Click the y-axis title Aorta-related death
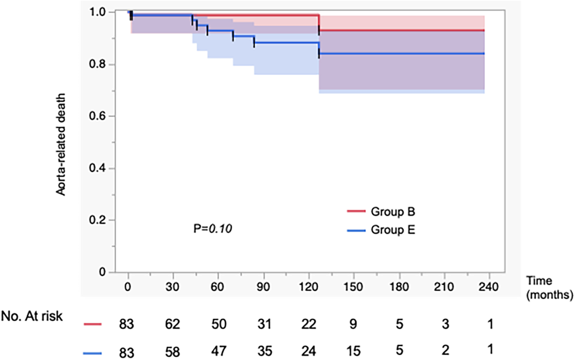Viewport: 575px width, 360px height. (x=61, y=144)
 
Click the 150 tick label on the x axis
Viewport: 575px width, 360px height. (x=353, y=287)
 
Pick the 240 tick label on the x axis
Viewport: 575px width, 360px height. (x=488, y=287)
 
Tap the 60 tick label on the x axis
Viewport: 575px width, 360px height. (x=217, y=287)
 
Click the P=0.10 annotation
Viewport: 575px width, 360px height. (x=213, y=229)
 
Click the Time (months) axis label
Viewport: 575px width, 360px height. (x=549, y=288)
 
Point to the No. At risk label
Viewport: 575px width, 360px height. (x=32, y=316)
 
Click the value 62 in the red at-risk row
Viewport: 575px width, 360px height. (x=172, y=324)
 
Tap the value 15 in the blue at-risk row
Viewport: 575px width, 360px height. (x=353, y=351)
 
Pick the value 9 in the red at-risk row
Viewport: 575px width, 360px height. (x=353, y=324)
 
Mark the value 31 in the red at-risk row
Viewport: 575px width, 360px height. (x=264, y=324)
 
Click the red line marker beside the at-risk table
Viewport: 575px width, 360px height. (x=92, y=324)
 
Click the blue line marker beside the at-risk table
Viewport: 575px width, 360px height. (x=92, y=353)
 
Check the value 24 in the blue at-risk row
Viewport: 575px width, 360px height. (x=308, y=351)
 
